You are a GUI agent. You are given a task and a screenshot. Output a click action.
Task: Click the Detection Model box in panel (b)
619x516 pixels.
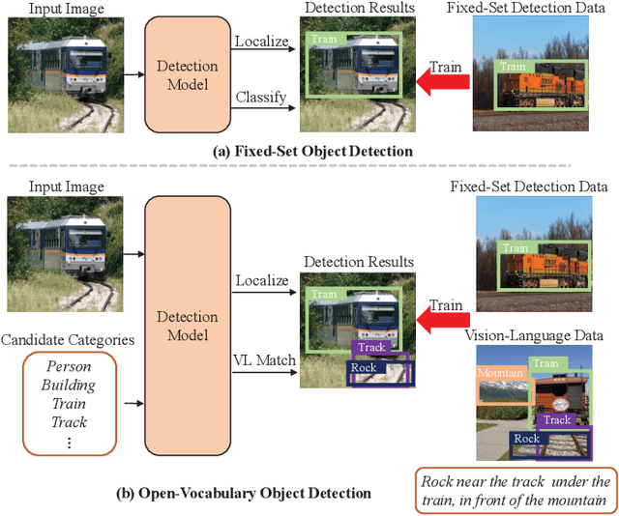187,326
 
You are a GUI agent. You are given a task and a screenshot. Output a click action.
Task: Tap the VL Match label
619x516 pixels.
264,360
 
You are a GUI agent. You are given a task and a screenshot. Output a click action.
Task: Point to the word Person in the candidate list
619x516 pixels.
69,368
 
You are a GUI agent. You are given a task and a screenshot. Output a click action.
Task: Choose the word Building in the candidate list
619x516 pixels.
69,386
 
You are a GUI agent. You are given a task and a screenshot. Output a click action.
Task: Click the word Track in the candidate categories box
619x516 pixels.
69,422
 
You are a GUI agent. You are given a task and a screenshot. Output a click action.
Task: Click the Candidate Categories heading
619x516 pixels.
68,339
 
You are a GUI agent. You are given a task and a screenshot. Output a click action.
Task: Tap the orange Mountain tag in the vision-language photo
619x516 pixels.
500,373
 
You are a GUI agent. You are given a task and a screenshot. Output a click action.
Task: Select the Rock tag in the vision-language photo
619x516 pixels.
526,438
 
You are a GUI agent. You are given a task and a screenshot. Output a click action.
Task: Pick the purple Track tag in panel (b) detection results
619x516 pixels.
371,348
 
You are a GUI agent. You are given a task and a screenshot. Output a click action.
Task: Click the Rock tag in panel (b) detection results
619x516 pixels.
364,368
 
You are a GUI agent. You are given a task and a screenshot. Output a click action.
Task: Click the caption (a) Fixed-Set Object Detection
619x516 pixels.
312,152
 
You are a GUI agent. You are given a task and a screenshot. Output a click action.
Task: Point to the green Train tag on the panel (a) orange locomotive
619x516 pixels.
513,68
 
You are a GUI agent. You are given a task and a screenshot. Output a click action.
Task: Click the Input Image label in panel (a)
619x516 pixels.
66,9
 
